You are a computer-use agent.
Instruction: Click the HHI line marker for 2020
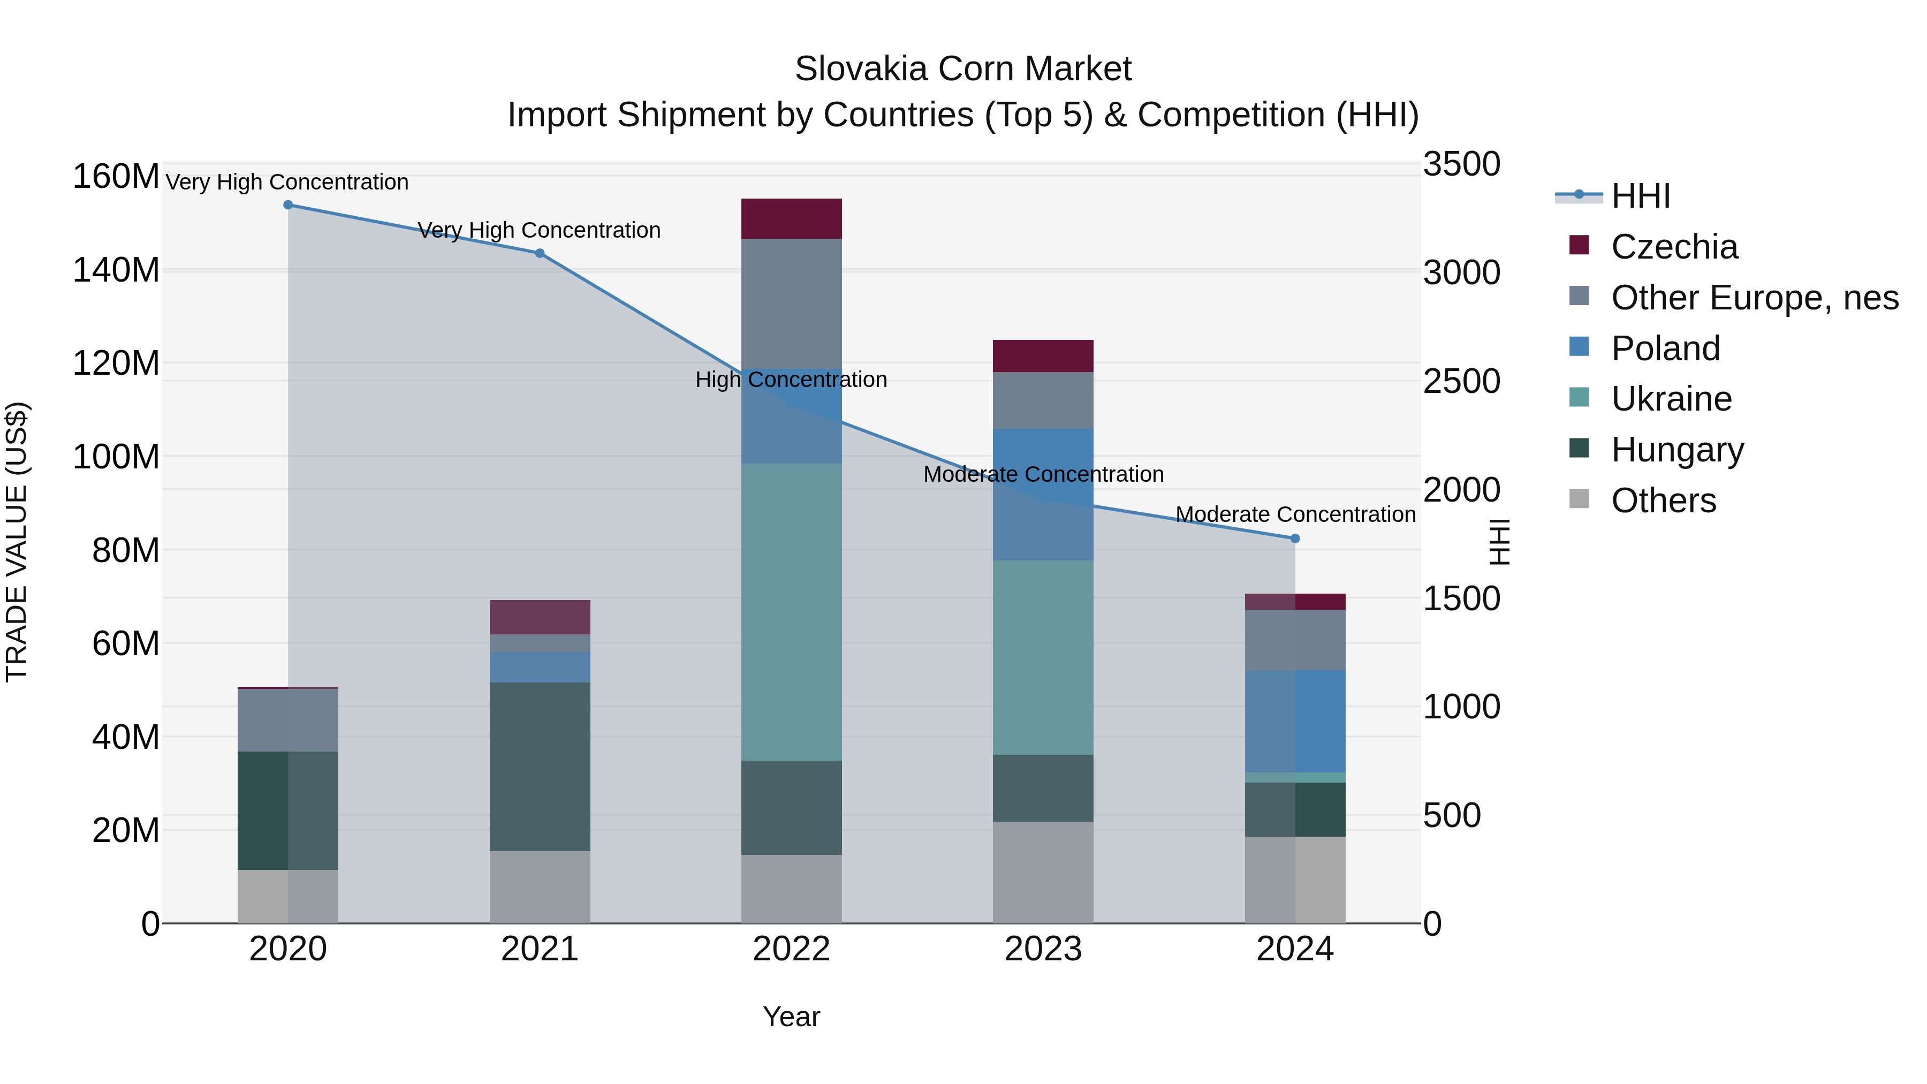288,205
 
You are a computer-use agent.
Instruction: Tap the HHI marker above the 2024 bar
1295,539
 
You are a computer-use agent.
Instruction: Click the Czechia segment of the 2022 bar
792,218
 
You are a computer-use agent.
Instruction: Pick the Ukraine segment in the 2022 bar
792,612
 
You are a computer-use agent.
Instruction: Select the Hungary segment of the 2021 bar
540,767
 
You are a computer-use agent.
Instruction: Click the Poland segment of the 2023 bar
1043,495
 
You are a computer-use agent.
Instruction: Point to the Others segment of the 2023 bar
1043,873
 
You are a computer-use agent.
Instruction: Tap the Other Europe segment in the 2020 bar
288,719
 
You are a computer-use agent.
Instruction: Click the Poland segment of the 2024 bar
1295,721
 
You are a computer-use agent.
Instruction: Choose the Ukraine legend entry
1671,399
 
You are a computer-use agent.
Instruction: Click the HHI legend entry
1640,196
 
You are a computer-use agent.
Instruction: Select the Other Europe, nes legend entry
1754,298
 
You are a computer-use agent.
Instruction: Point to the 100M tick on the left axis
116,456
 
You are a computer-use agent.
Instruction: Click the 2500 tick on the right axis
1461,381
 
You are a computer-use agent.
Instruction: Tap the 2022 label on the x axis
792,949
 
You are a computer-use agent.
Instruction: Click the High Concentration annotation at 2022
792,380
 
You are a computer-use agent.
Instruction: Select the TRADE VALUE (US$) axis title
17,542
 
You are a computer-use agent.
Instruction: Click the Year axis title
792,1017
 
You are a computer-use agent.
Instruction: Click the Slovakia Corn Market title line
963,69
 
